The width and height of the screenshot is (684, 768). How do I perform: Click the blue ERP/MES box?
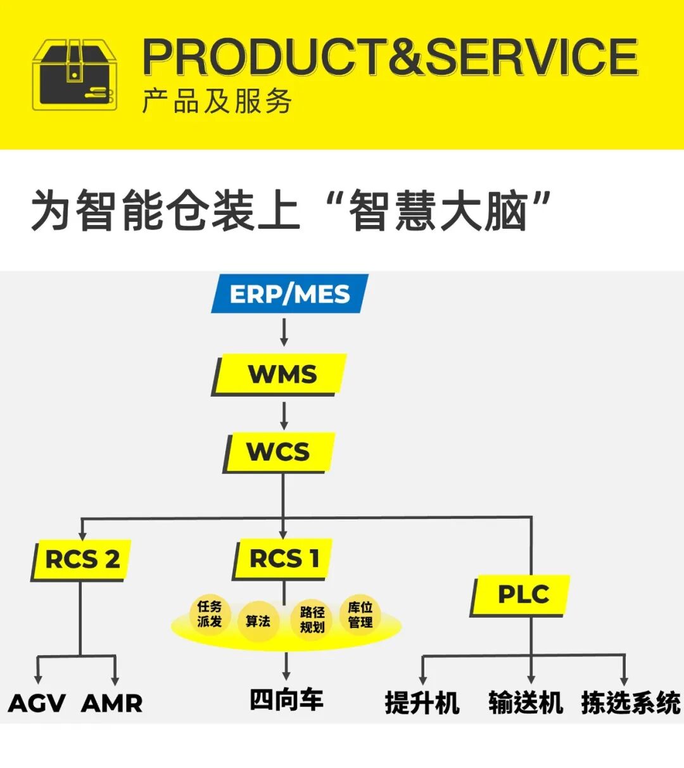point(289,294)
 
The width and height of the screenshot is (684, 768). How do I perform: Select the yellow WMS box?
point(281,374)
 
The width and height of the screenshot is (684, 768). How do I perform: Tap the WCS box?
point(279,452)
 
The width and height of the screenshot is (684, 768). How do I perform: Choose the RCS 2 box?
point(82,560)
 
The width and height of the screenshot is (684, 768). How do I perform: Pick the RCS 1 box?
point(283,559)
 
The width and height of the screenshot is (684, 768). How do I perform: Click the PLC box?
point(522,594)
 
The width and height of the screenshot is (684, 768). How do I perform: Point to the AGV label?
point(37,703)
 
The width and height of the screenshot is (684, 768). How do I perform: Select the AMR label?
point(112,703)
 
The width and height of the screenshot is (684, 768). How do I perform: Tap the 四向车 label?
point(286,700)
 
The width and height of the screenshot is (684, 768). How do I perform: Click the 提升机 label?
point(422,703)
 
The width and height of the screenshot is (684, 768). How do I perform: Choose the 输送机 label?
point(526,703)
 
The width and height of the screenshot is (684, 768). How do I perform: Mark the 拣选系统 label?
point(631,703)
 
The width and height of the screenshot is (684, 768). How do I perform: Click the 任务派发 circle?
point(209,614)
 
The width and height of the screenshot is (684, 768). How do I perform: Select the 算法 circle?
point(258,622)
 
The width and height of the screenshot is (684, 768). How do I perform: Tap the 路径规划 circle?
point(312,620)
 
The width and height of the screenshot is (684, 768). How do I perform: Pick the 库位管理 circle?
point(360,615)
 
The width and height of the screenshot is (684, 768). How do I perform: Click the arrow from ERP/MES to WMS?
point(284,332)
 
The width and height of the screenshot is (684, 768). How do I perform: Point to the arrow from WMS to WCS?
point(284,416)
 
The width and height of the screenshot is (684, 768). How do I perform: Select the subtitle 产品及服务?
point(217,101)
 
